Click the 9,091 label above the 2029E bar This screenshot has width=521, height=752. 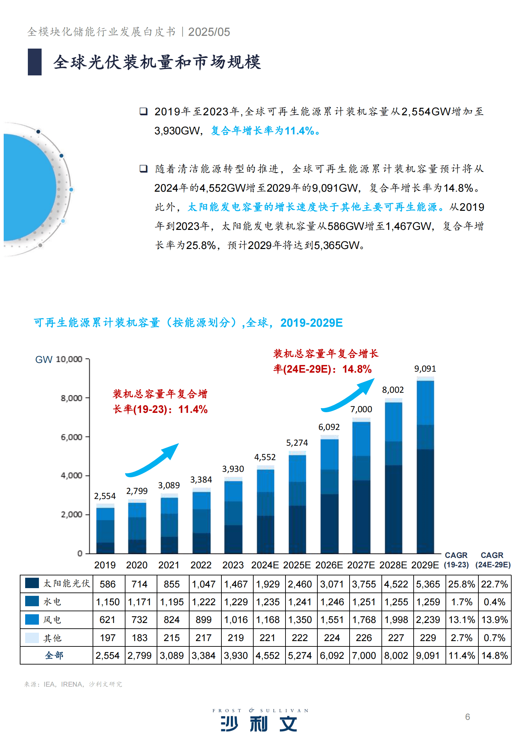click(425, 369)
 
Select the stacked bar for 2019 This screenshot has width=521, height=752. click(105, 530)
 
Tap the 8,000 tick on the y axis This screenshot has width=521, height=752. click(71, 398)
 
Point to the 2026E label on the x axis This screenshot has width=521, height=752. click(329, 565)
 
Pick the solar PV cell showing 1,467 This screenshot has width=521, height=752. click(236, 584)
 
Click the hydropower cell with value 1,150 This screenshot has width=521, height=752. click(108, 602)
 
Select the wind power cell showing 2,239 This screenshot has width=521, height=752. click(428, 620)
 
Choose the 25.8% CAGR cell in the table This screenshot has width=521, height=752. click(461, 584)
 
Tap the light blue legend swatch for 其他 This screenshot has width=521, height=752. click(32, 638)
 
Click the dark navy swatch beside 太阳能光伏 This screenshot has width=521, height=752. click(32, 583)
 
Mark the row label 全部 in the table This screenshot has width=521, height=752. click(54, 655)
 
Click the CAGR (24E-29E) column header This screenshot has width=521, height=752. click(492, 560)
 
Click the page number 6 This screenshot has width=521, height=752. click(467, 717)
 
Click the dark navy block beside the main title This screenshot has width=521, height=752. click(35, 62)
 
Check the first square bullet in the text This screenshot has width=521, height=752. click(144, 111)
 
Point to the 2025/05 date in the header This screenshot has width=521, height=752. click(209, 32)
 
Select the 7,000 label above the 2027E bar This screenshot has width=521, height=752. click(361, 409)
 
